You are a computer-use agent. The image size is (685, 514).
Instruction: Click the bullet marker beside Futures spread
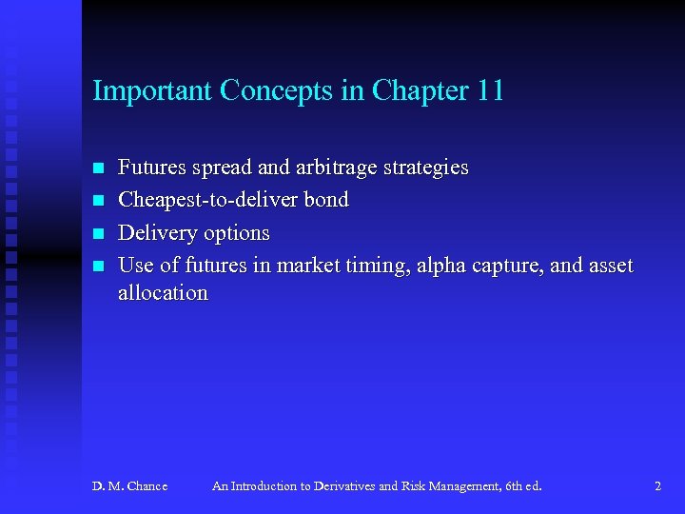[x=96, y=168]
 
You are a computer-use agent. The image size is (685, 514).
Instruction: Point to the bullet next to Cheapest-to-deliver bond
[x=96, y=201]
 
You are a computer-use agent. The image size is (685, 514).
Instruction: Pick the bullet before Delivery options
[x=96, y=234]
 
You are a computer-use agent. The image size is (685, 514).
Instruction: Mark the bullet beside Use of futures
[x=96, y=267]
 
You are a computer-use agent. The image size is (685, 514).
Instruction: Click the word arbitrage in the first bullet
[x=336, y=168]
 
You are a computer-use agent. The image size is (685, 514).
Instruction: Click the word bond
[x=326, y=200]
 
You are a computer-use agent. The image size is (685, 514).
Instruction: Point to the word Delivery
[x=156, y=233]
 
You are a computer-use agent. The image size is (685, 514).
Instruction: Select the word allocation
[x=162, y=293]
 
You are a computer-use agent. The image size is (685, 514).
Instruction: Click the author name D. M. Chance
[x=129, y=486]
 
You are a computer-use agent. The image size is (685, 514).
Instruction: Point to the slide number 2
[x=657, y=486]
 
